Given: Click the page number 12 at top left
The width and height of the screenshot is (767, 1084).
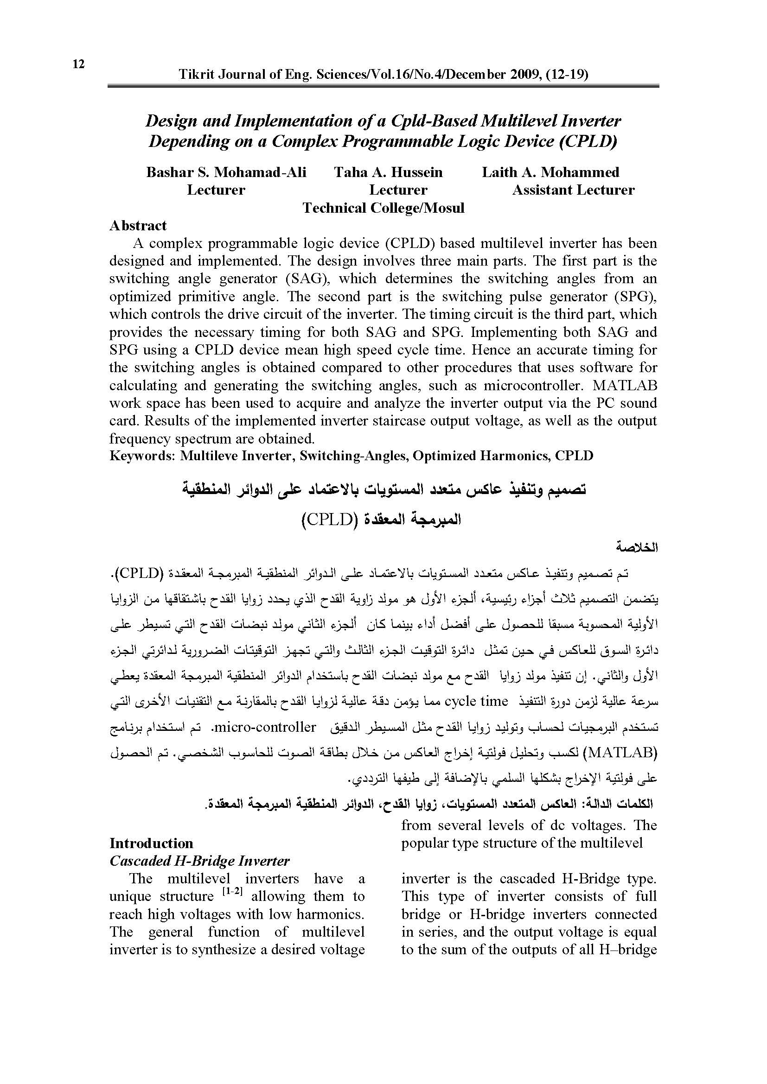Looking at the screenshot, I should tap(78, 64).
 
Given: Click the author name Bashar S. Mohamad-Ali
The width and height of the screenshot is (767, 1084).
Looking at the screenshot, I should tap(226, 172).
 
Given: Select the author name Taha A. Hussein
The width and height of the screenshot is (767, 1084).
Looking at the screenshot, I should tap(388, 172).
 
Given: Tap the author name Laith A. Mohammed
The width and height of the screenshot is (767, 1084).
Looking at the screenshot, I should tap(550, 172).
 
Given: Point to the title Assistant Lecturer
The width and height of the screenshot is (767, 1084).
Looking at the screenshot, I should tap(573, 190).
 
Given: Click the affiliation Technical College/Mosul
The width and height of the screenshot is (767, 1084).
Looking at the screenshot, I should tap(383, 208).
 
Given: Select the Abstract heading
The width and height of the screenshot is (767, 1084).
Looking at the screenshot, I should tap(138, 226).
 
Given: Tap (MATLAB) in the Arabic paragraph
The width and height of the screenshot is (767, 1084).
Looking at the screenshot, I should tap(620, 752).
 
